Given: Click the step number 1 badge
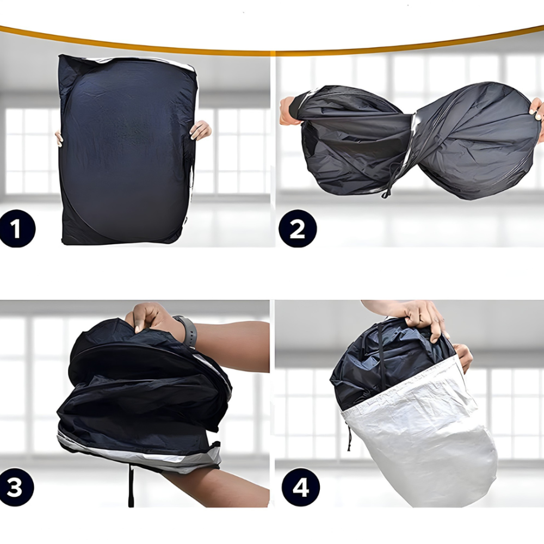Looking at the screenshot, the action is point(17,228).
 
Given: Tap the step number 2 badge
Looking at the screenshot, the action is point(298,228).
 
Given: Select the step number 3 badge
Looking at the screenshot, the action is point(16,487).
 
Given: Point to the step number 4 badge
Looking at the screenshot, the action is point(300,487).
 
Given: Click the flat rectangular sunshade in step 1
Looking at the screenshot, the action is point(128,149).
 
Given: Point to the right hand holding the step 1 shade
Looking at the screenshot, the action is point(200,130).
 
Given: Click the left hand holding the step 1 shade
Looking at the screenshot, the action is point(59,139).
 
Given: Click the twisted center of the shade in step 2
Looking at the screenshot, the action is point(413,139).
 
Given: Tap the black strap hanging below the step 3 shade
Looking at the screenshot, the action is point(131,486).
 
